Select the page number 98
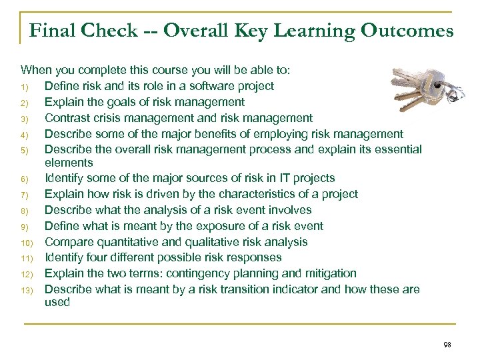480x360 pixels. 446,345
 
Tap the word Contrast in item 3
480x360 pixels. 65,117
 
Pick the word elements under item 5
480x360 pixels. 69,162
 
